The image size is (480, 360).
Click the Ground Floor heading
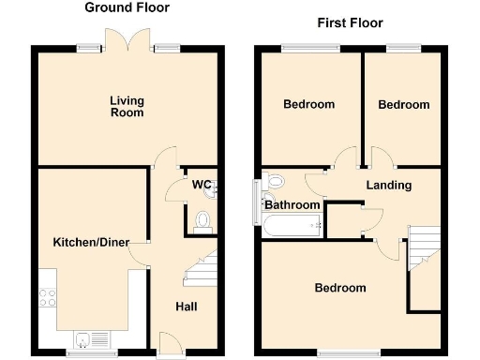(127, 8)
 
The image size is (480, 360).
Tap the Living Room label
(127, 107)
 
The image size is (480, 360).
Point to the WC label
(200, 184)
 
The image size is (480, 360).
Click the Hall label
(187, 307)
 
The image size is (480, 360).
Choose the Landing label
(388, 185)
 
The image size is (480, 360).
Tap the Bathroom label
(292, 205)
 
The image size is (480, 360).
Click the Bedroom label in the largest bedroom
(339, 288)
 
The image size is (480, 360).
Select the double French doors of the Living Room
(127, 41)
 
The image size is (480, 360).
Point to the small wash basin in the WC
(216, 188)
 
